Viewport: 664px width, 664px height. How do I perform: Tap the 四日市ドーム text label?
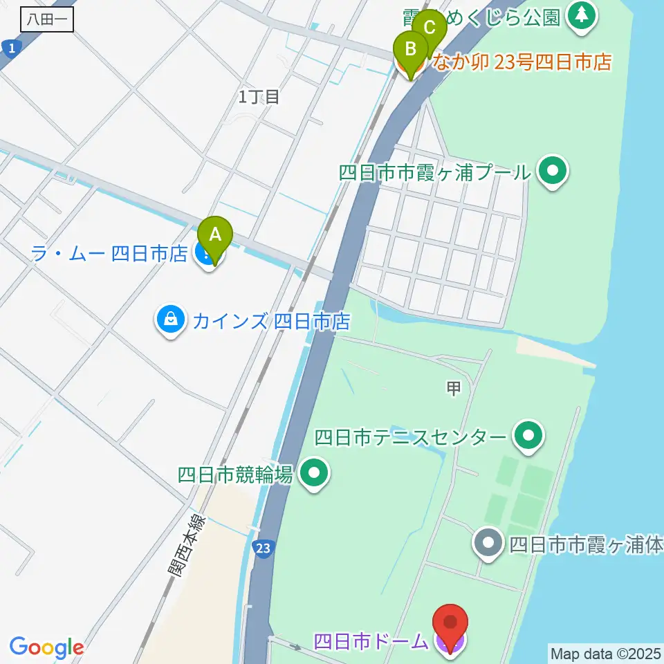point(371,641)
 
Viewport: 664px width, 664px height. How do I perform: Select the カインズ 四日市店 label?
point(271,322)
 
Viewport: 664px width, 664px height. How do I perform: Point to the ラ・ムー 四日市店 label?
point(109,254)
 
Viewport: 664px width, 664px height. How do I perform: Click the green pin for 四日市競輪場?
point(315,474)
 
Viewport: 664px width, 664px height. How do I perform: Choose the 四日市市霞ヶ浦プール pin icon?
point(553,170)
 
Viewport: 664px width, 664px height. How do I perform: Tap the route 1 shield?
point(9,47)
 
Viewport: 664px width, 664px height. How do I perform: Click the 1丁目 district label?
point(259,97)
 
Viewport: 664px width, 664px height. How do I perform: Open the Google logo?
point(46,647)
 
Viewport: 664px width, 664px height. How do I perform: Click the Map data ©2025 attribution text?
point(605,652)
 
